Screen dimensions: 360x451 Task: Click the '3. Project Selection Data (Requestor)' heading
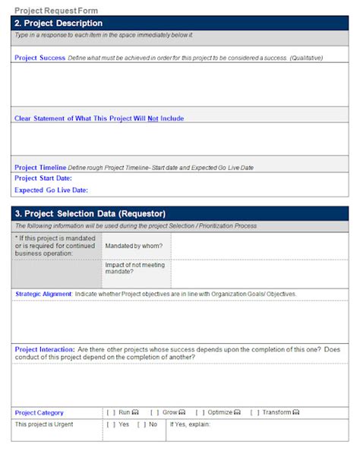coord(90,213)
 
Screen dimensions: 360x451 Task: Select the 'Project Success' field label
coord(39,58)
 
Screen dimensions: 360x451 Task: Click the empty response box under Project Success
coord(180,84)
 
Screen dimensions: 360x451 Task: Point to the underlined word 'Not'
coord(153,118)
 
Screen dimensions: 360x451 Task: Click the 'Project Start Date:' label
coord(43,178)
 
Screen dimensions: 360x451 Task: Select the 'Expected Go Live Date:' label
coord(51,190)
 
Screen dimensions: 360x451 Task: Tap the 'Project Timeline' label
coord(40,167)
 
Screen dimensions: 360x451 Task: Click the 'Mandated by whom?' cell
coord(131,246)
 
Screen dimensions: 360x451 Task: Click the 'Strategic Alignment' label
coord(43,294)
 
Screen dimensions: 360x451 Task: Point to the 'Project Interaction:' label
coord(45,349)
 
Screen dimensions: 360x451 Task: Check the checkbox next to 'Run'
coord(112,412)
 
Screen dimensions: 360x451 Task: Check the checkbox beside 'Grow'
coord(154,412)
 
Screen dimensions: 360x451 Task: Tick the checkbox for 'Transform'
coord(254,412)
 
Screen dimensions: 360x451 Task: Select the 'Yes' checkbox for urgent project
coord(112,424)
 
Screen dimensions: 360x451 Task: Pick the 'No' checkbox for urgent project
coord(141,424)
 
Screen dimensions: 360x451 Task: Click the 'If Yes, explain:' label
coord(192,424)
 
